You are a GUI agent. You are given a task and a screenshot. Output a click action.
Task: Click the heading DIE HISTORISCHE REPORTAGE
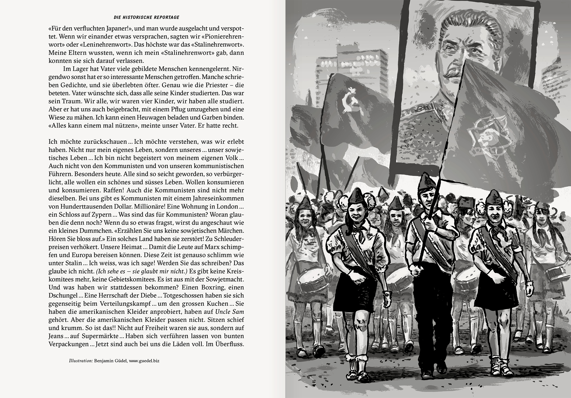click(146, 18)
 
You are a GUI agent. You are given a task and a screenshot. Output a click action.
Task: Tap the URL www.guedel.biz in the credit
click(144, 361)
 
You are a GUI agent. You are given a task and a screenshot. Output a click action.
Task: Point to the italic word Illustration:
click(81, 361)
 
